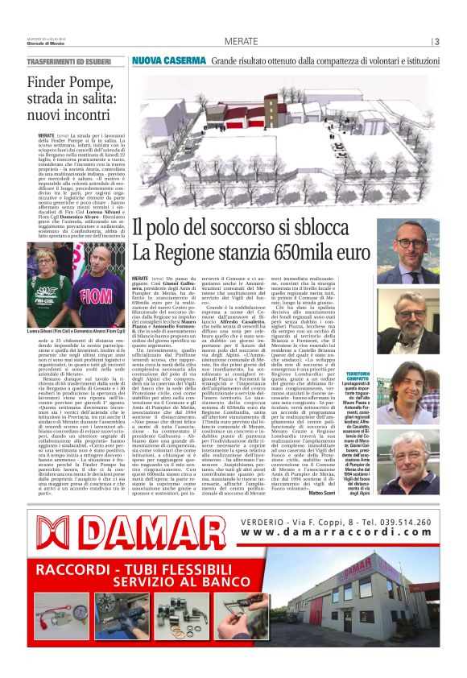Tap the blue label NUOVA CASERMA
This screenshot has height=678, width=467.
[x=169, y=60]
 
